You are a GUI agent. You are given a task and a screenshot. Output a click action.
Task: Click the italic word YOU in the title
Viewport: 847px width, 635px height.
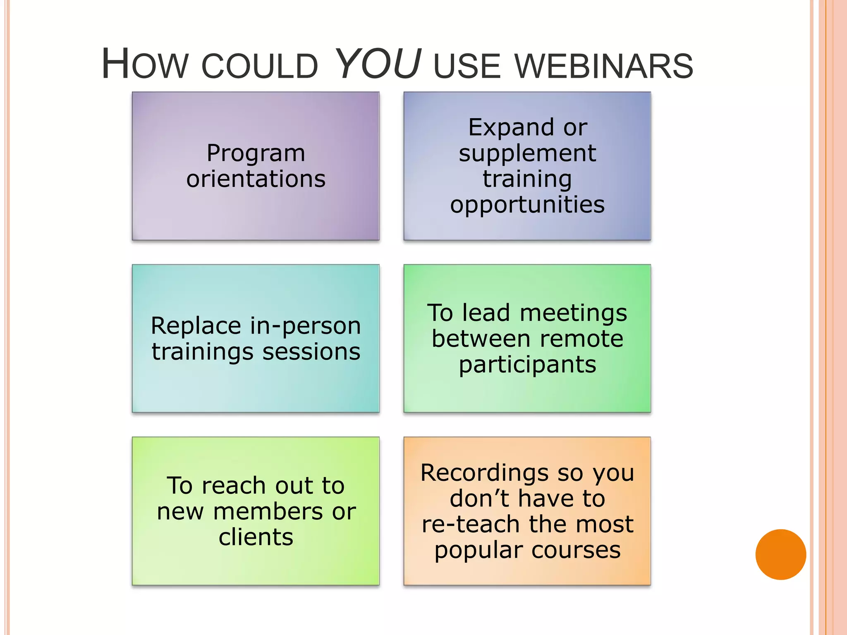[x=379, y=64]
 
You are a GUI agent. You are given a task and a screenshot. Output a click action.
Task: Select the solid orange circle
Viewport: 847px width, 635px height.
[x=780, y=554]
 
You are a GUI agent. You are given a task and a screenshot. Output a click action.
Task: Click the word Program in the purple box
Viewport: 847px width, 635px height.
[x=256, y=154]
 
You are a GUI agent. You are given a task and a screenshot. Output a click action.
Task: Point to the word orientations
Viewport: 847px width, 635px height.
[x=256, y=179]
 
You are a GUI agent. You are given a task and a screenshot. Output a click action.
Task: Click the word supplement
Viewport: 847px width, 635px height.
[x=527, y=154]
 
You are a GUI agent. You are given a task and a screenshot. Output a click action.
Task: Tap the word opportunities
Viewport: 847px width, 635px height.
[x=527, y=205]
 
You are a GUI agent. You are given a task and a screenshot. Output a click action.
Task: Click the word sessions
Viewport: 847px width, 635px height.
[x=311, y=352]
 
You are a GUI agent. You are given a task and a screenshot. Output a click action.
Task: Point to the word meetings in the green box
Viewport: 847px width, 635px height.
[x=573, y=313]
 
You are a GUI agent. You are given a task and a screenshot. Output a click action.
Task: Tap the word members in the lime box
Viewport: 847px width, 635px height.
[x=268, y=512]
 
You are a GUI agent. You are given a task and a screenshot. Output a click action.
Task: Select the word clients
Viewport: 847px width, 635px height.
[x=256, y=537]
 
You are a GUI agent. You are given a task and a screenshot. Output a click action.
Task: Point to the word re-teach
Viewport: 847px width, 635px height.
[x=471, y=525]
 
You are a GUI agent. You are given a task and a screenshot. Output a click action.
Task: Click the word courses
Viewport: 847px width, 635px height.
[x=576, y=551]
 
